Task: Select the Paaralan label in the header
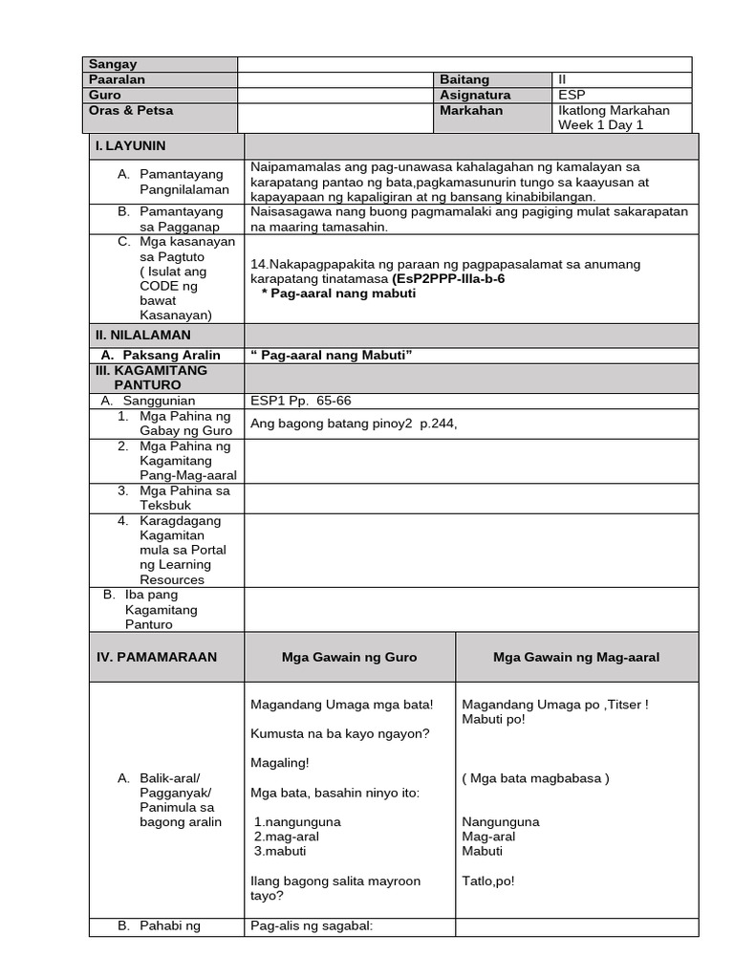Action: [x=118, y=79]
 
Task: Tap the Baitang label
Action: [x=464, y=79]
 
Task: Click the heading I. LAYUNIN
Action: [x=130, y=145]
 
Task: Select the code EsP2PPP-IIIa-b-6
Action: [x=448, y=278]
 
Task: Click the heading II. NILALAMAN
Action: [x=142, y=335]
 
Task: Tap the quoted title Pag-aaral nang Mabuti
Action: [x=331, y=355]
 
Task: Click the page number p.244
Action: [x=439, y=424]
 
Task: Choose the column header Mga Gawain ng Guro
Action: [x=349, y=657]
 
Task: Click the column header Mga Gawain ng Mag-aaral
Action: [x=576, y=657]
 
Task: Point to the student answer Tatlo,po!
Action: [x=487, y=881]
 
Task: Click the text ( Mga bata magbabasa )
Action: [x=535, y=777]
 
